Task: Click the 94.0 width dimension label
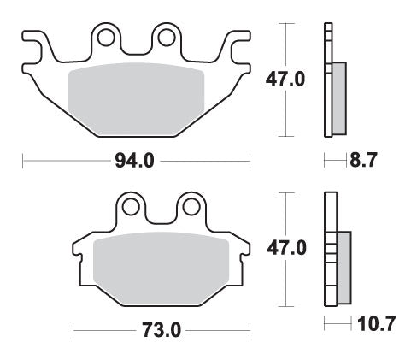pyautogui.click(x=136, y=160)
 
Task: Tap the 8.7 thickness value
pyautogui.click(x=364, y=159)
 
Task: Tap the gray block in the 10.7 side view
pyautogui.click(x=344, y=266)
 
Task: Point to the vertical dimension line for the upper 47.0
pyautogui.click(x=285, y=51)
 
